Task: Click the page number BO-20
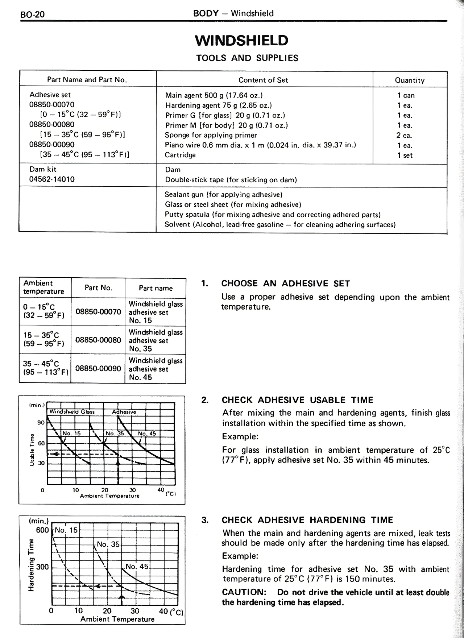point(33,15)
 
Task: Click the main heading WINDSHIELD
point(241,40)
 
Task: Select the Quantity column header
point(410,80)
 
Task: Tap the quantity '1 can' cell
point(406,95)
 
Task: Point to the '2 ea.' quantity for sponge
point(404,136)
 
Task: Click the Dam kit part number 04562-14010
point(52,179)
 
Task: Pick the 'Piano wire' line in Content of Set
point(260,145)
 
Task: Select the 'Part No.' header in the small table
point(98,288)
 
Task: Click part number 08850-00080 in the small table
point(98,340)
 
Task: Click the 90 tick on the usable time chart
point(41,423)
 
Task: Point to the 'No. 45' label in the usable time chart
point(147,434)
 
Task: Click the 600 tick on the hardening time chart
point(42,530)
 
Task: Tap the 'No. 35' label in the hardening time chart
point(108,544)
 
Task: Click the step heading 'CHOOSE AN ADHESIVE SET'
point(285,283)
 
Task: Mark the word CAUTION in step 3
point(244,592)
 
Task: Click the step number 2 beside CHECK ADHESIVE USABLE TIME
point(205,400)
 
